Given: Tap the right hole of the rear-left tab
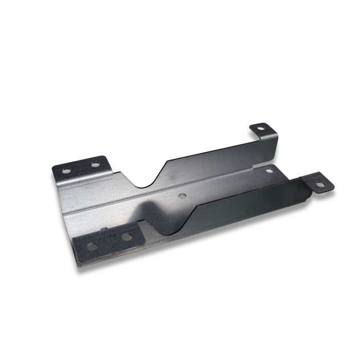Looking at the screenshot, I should (95, 165).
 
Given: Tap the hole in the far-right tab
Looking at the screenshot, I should (320, 184).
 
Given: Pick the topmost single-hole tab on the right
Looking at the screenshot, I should (263, 130).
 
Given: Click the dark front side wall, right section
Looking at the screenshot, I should (247, 206).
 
